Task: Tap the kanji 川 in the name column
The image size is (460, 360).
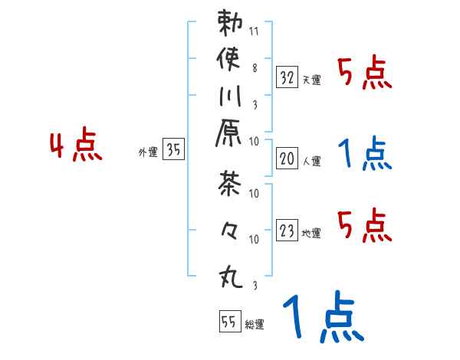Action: point(231,99)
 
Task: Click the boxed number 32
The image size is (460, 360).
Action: point(287,77)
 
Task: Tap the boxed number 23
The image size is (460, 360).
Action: point(287,231)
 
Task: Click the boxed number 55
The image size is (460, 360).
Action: point(228,322)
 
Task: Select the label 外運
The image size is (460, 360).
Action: point(148,153)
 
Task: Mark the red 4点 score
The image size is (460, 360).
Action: point(76,146)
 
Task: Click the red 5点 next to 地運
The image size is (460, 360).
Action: point(365,226)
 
